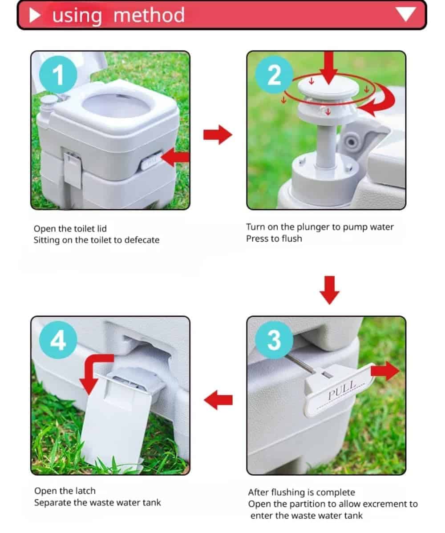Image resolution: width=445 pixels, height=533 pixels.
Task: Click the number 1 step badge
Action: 58,75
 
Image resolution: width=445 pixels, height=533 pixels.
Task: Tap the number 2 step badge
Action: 274,75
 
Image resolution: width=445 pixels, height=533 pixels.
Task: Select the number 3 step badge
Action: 274,340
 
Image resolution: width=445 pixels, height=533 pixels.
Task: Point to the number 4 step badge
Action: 58,340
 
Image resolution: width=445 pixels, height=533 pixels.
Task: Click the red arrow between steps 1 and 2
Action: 218,135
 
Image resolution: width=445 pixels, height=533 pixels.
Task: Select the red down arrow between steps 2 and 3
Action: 329,290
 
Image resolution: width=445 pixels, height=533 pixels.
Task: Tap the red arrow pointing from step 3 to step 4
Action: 218,400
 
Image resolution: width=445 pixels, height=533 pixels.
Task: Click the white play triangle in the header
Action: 35,15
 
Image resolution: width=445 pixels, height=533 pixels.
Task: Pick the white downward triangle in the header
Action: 405,14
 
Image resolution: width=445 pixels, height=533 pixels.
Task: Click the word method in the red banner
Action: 149,15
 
